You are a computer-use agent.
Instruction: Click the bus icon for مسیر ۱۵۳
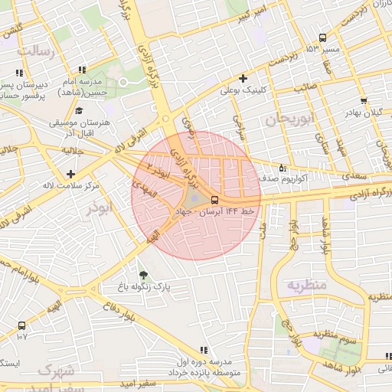322,38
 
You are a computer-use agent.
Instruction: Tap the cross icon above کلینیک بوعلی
243,78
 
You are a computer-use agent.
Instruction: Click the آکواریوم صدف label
306,178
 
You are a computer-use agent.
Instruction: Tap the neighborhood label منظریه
307,285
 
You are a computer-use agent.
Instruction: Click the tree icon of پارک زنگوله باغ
143,274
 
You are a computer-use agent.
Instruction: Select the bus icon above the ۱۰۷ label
21,325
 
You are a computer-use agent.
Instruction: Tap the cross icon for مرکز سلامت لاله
71,174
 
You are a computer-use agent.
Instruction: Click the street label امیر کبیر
252,15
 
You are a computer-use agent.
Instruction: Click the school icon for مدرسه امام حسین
82,72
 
